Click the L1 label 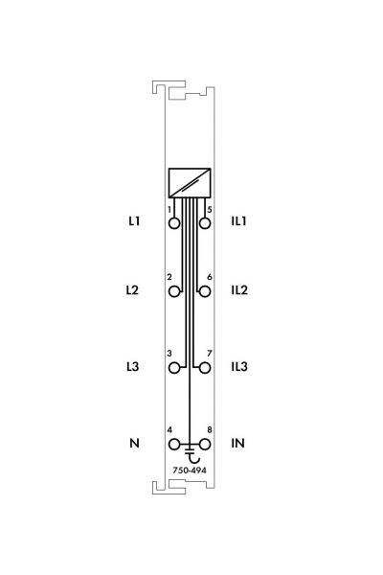click(x=134, y=221)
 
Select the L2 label click(x=133, y=290)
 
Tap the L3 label click(x=133, y=366)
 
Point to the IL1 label click(x=238, y=221)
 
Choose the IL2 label click(x=239, y=290)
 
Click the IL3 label click(x=239, y=366)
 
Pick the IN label click(x=237, y=443)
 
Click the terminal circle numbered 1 click(x=174, y=223)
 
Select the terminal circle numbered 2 click(x=174, y=292)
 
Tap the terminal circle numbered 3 click(x=174, y=368)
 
